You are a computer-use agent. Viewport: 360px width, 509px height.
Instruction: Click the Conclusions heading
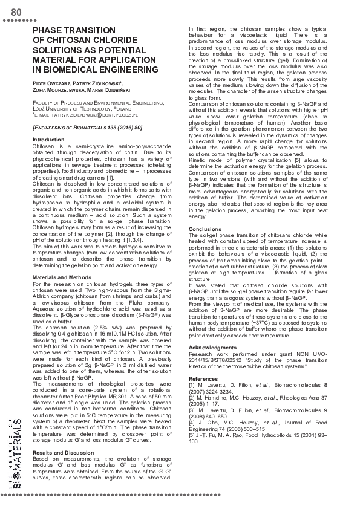click(206, 229)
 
